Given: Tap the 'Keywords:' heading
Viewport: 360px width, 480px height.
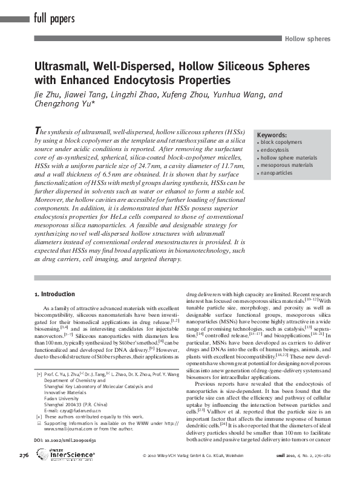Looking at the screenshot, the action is coord(272,135).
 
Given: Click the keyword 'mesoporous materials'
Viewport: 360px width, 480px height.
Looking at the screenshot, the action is coord(284,165).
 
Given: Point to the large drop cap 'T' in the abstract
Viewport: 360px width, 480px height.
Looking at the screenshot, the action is coord(38,131).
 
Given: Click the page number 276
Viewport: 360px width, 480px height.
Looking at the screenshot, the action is coord(24,472).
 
